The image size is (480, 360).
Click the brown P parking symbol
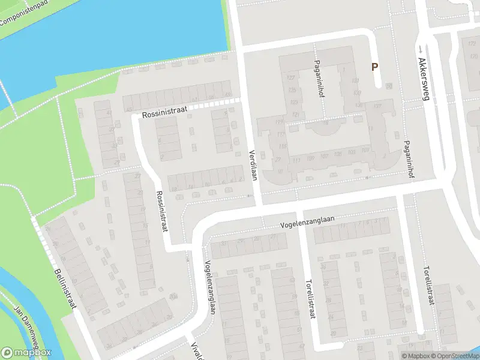pyautogui.click(x=375, y=68)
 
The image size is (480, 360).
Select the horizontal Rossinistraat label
pyautogui.click(x=165, y=112)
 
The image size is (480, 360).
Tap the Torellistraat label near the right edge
pyautogui.click(x=428, y=286)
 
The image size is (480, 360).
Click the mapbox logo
pyautogui.click(x=26, y=353)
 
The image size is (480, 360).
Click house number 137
pyautogui.click(x=377, y=107)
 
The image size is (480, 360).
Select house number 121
pyautogui.click(x=295, y=113)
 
